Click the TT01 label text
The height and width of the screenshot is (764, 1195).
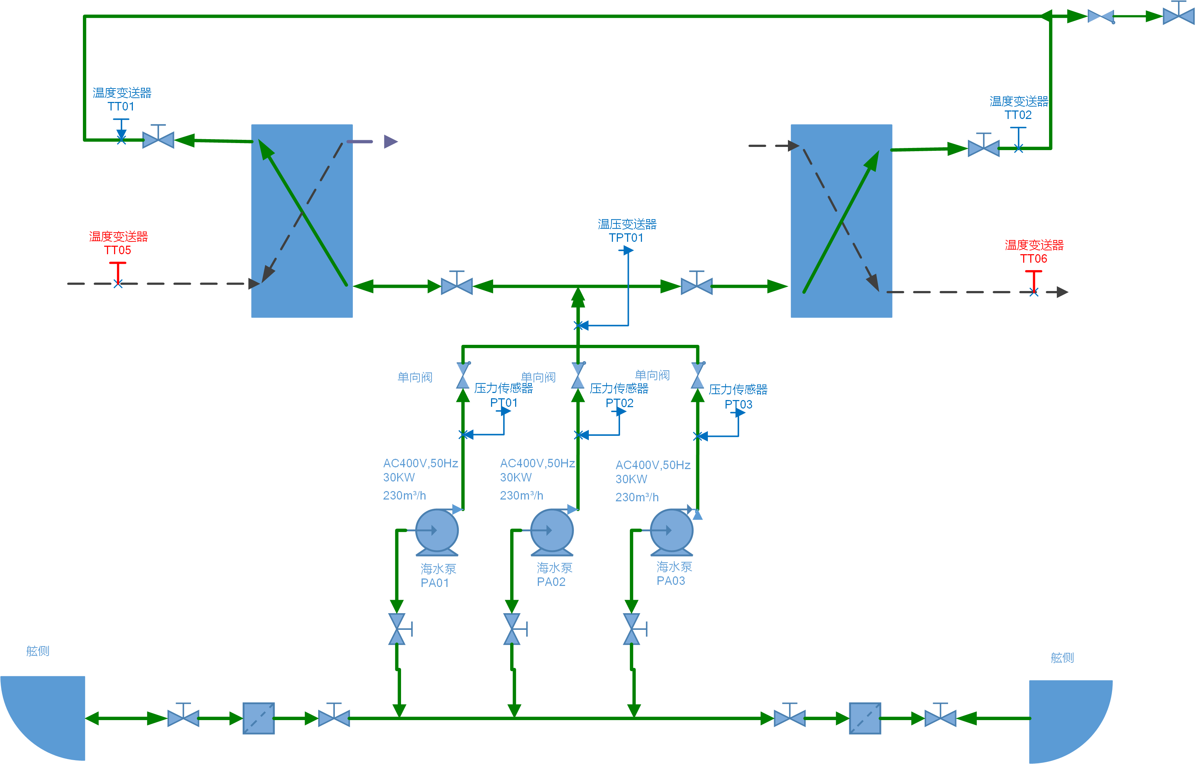(x=121, y=107)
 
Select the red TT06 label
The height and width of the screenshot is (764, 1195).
(x=1034, y=259)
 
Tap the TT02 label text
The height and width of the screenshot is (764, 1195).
(x=1018, y=115)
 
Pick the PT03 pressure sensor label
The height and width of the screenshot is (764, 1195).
(x=738, y=404)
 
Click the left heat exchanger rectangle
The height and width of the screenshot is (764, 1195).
(x=302, y=221)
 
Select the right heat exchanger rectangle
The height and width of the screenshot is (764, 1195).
(x=841, y=221)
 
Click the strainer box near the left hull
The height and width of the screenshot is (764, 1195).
(x=258, y=718)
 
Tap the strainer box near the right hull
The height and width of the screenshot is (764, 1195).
(x=865, y=718)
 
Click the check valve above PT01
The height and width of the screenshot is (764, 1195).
(x=463, y=376)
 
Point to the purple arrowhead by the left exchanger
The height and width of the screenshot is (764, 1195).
(x=390, y=142)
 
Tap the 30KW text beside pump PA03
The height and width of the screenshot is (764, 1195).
(x=631, y=479)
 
